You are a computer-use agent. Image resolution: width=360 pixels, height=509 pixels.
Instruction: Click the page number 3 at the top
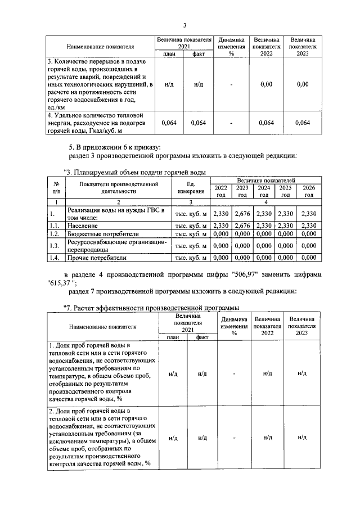(x=184, y=25)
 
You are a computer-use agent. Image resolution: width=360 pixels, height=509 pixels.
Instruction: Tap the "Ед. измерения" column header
(x=191, y=187)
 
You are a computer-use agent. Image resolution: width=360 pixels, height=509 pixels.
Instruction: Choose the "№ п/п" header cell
(x=56, y=187)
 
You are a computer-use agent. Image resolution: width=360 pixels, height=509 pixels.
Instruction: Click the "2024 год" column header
(x=263, y=191)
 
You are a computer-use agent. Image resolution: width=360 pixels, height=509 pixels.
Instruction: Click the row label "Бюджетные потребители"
(x=102, y=233)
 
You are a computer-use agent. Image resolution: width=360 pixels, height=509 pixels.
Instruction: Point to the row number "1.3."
(x=55, y=245)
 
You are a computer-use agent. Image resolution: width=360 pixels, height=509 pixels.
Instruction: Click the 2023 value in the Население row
(x=242, y=226)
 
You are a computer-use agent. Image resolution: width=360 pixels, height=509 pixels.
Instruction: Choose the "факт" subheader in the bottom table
(x=202, y=337)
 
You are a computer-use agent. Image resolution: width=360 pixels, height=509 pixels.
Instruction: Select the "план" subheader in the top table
(x=169, y=53)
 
